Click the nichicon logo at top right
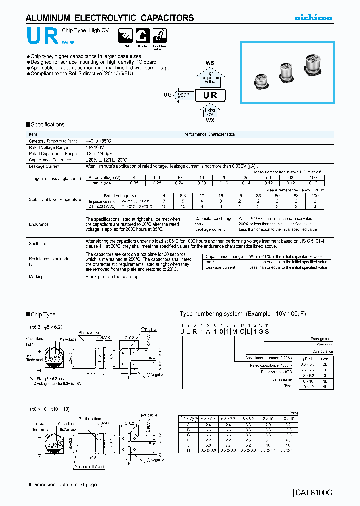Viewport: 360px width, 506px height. (x=312, y=18)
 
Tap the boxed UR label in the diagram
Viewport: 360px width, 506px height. (x=210, y=96)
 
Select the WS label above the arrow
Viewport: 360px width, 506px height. (x=210, y=63)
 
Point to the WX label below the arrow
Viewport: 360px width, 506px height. (x=210, y=120)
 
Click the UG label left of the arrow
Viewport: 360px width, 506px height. (x=167, y=94)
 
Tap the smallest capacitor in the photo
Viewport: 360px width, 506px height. (x=261, y=80)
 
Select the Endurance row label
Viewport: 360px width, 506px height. (x=38, y=224)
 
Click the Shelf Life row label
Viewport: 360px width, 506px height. (x=37, y=243)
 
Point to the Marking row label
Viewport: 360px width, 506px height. (x=36, y=276)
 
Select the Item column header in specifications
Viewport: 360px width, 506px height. (x=33, y=134)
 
